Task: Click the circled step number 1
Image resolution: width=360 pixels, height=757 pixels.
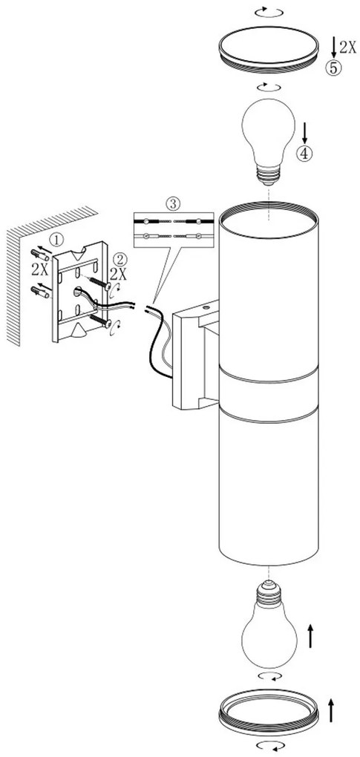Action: (x=57, y=238)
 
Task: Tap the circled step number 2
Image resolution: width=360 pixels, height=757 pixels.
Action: (x=119, y=259)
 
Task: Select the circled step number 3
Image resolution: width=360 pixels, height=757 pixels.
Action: (x=172, y=204)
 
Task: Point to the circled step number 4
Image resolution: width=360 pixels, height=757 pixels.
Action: (x=304, y=154)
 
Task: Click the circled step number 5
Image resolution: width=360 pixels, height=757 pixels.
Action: (x=333, y=68)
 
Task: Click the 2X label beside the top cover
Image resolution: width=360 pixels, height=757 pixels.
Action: (x=348, y=47)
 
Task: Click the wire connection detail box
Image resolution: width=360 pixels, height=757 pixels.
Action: (x=173, y=229)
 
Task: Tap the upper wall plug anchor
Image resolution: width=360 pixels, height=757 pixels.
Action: (x=39, y=255)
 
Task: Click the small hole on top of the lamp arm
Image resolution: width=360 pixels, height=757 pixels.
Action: (x=206, y=306)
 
